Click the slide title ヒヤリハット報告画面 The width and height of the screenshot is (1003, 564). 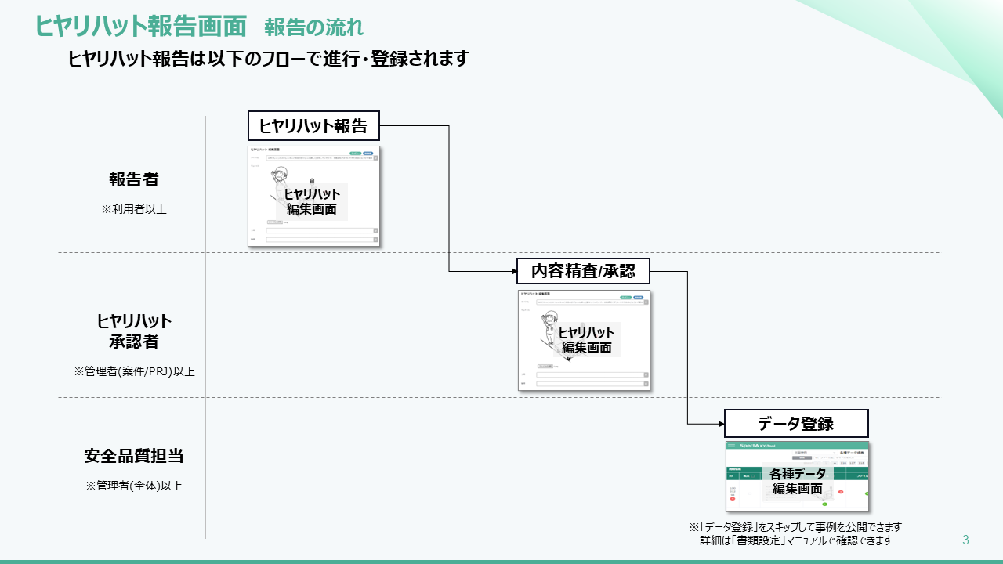pyautogui.click(x=141, y=26)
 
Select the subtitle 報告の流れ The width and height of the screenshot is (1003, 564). pyautogui.click(x=313, y=27)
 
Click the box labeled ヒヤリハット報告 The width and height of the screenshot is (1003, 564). pyautogui.click(x=313, y=125)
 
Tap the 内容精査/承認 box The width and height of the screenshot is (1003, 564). pyautogui.click(x=583, y=272)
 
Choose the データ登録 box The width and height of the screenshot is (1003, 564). pyautogui.click(x=796, y=424)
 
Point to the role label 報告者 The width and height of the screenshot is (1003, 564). pyautogui.click(x=134, y=179)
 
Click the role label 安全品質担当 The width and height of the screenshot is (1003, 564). pyautogui.click(x=134, y=456)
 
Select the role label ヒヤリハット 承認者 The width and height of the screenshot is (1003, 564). pyautogui.click(x=134, y=331)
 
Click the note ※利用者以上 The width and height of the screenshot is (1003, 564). pyautogui.click(x=134, y=209)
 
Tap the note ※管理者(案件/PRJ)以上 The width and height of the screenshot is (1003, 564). pyautogui.click(x=134, y=371)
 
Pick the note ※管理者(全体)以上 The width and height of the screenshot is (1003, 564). pyautogui.click(x=134, y=486)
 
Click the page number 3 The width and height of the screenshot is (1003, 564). pyautogui.click(x=965, y=540)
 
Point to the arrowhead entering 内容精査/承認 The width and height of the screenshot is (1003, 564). pyautogui.click(x=512, y=272)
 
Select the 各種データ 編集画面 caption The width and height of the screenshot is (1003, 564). pyautogui.click(x=798, y=481)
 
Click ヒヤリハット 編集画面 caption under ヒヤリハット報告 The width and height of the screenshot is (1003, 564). pyautogui.click(x=312, y=201)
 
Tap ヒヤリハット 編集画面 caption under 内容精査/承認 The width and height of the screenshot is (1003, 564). pyautogui.click(x=586, y=340)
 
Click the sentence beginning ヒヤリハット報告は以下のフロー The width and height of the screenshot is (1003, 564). pyautogui.click(x=268, y=59)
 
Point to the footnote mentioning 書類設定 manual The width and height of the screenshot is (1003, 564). pyautogui.click(x=795, y=540)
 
